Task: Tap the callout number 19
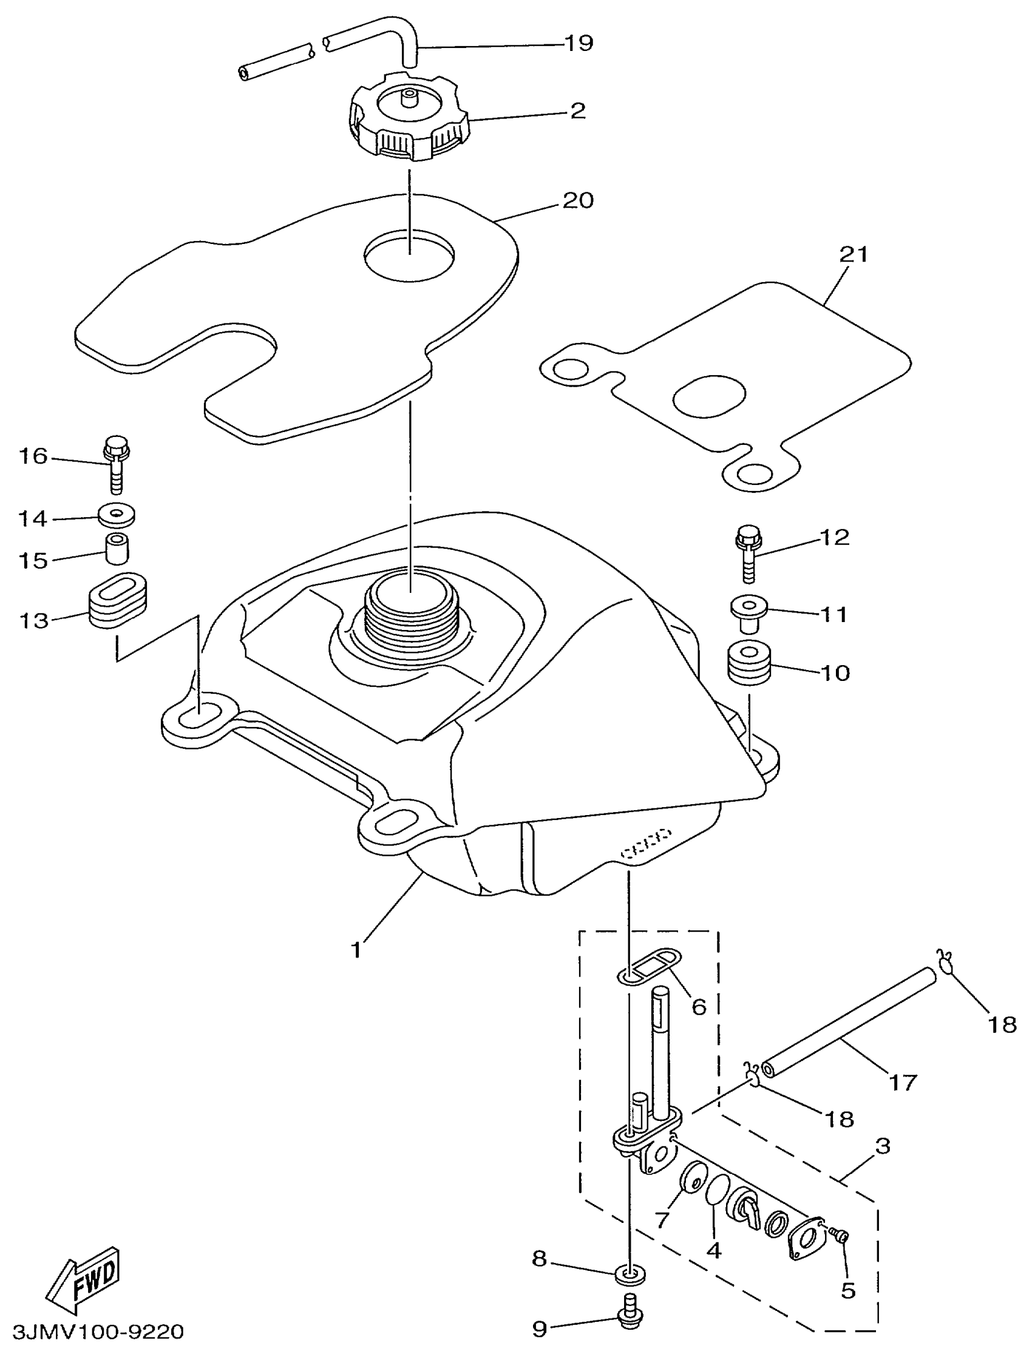(x=578, y=44)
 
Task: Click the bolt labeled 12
(x=747, y=552)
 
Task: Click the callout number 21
(x=854, y=255)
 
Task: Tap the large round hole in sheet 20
(x=410, y=255)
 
